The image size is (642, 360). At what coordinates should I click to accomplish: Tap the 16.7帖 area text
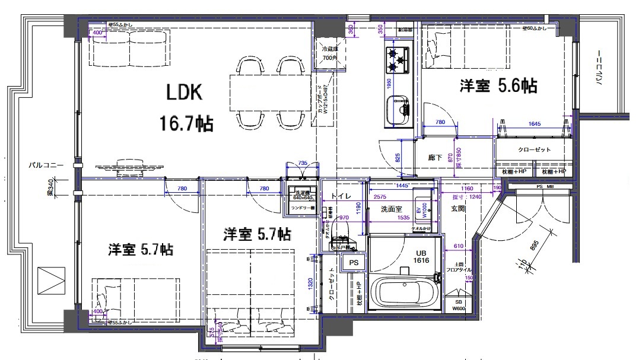(x=186, y=124)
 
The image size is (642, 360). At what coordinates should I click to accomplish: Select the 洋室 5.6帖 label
(x=498, y=86)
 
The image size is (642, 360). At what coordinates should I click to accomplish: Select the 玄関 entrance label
(x=457, y=208)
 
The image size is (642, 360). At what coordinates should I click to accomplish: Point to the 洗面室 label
(x=392, y=209)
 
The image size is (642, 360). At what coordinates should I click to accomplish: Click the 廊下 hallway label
(x=436, y=158)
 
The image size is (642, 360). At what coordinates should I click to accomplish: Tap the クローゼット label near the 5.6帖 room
(x=533, y=149)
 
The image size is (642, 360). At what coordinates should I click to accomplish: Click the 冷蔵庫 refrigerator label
(x=328, y=50)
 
